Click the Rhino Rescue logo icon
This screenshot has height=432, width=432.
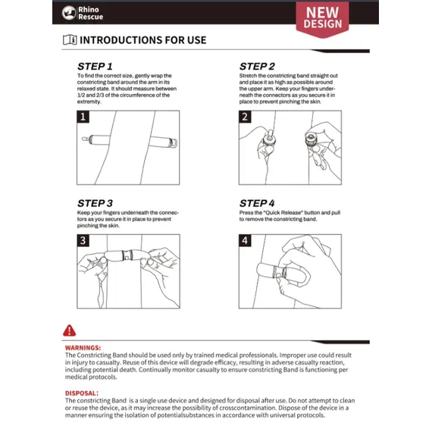click(69, 13)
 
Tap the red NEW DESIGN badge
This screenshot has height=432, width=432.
click(322, 19)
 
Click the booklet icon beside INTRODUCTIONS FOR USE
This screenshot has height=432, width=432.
click(70, 40)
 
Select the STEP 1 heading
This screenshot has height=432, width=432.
click(95, 67)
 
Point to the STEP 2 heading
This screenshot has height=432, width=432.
click(257, 67)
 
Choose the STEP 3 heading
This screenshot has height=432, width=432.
click(95, 203)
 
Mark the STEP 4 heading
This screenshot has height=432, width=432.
click(257, 203)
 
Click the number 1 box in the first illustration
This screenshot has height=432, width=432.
click(83, 117)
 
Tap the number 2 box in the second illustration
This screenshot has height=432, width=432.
click(245, 117)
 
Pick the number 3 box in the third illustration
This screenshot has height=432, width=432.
click(83, 240)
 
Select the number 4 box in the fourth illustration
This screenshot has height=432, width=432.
click(245, 240)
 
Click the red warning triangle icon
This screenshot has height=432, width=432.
click(69, 330)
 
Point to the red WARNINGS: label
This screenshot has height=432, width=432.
click(83, 348)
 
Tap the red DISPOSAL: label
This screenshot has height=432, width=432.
click(82, 393)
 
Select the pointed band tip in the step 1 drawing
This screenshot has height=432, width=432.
click(85, 139)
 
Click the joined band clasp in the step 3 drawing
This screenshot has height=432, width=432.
click(127, 255)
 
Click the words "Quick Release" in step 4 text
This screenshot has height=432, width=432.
click(283, 213)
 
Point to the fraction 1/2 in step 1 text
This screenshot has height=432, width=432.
click(81, 95)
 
